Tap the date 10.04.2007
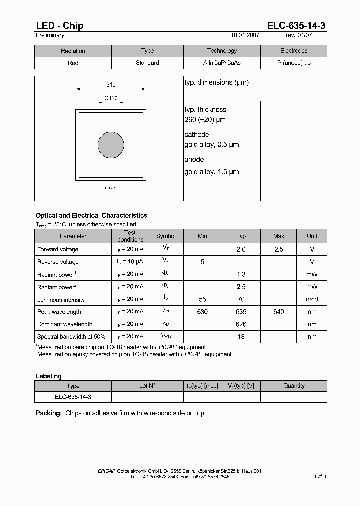pyautogui.click(x=245, y=36)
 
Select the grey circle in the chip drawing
pyautogui.click(x=111, y=145)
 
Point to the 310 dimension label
pyautogui.click(x=111, y=85)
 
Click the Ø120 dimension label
pyautogui.click(x=111, y=98)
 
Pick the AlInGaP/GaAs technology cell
pyautogui.click(x=222, y=63)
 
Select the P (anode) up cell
pyautogui.click(x=294, y=63)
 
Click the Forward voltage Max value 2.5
pyautogui.click(x=279, y=249)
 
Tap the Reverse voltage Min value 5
pyautogui.click(x=202, y=262)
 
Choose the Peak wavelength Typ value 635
pyautogui.click(x=241, y=312)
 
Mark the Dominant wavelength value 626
pyautogui.click(x=241, y=324)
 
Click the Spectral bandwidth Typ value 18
pyautogui.click(x=241, y=337)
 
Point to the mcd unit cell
pyautogui.click(x=312, y=299)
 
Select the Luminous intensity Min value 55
pyautogui.click(x=202, y=299)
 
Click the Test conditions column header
pyautogui.click(x=130, y=236)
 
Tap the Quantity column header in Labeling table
pyautogui.click(x=294, y=386)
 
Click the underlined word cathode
pyautogui.click(x=197, y=135)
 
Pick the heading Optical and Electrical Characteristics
pyautogui.click(x=91, y=215)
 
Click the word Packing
pyautogui.click(x=49, y=413)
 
